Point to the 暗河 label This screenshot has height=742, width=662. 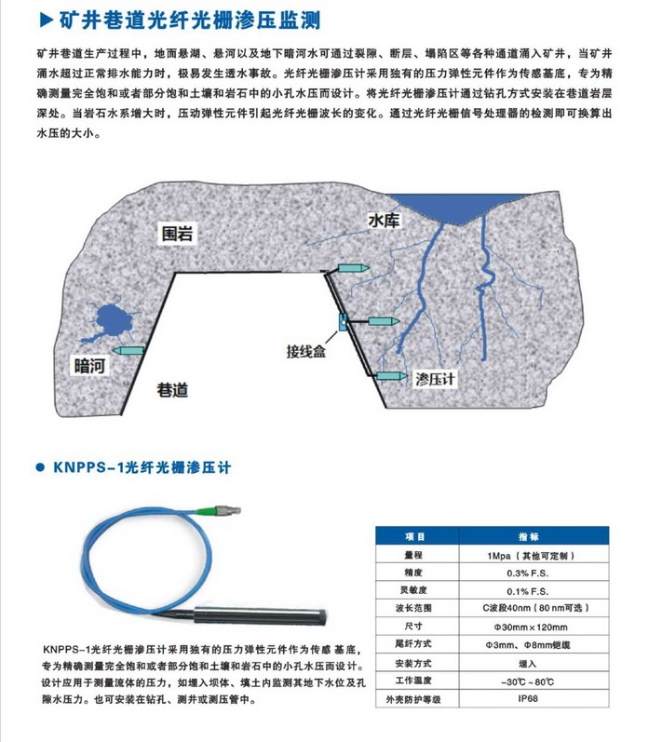click(91, 366)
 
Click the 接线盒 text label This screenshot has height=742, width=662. click(306, 352)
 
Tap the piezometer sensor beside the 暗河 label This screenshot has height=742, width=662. click(129, 349)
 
